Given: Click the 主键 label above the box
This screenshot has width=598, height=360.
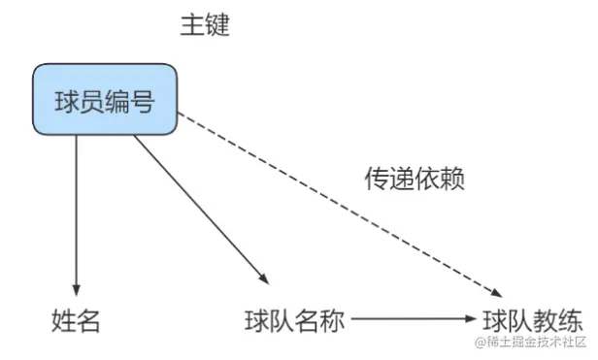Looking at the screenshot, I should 204,26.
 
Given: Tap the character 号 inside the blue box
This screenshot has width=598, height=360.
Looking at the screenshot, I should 142,100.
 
